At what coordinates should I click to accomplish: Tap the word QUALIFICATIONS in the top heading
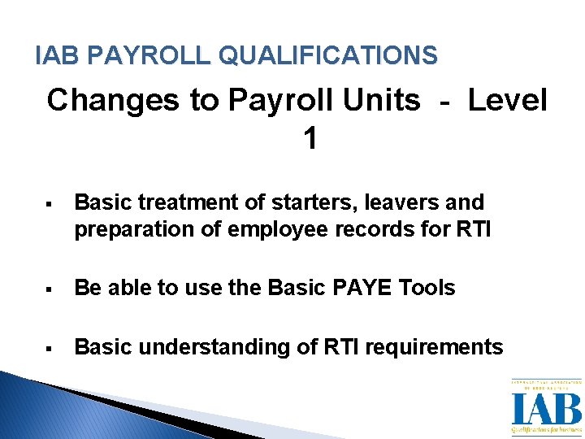coord(329,55)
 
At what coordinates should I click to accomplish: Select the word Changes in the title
coord(111,101)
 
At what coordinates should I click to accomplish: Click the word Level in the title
coord(508,101)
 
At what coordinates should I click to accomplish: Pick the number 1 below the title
coord(310,139)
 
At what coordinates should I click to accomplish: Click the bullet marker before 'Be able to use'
coord(50,289)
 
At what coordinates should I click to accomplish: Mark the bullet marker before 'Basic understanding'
coord(50,348)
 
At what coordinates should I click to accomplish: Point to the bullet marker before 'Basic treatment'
coord(50,203)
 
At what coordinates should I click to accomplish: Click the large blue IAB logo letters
coord(546,408)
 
